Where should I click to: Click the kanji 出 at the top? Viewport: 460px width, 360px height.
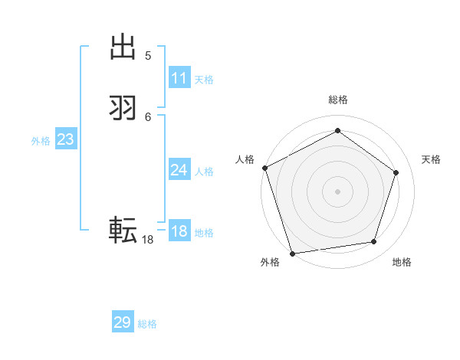[x=123, y=47]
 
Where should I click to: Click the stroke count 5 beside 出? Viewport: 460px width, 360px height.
[x=148, y=56]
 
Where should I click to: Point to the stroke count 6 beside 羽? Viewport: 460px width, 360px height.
[x=148, y=116]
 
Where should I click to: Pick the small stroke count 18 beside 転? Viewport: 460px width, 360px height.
[x=148, y=240]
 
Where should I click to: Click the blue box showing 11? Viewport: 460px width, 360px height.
[x=179, y=78]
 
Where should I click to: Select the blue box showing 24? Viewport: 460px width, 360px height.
[x=179, y=170]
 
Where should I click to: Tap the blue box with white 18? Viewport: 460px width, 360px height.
[x=179, y=231]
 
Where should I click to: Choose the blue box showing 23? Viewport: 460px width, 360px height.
[x=66, y=139]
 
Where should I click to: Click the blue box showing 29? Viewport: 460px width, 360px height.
[x=123, y=322]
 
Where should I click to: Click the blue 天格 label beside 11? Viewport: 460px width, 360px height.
[x=204, y=80]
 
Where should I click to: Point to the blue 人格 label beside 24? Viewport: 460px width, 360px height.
[x=204, y=172]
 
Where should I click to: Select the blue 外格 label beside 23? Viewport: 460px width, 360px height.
[x=41, y=141]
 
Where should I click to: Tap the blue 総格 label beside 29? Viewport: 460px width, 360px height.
[x=147, y=324]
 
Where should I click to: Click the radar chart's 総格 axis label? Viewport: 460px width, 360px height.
[x=337, y=100]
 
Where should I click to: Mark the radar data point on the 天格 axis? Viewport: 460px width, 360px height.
[x=396, y=172]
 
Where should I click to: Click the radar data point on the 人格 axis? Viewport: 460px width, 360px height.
[x=264, y=168]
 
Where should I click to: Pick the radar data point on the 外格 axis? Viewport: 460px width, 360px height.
[x=292, y=253]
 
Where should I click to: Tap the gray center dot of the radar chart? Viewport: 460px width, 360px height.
[x=337, y=191]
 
